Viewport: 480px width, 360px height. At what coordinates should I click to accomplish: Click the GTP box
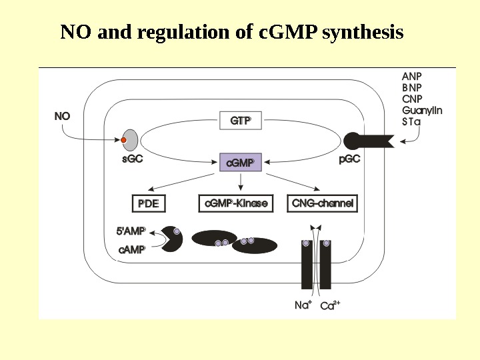pos(240,121)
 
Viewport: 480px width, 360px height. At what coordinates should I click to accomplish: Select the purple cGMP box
pos(240,162)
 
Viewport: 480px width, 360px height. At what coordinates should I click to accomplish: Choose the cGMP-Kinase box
pos(237,203)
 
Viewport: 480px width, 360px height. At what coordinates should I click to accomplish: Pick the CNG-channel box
pos(322,203)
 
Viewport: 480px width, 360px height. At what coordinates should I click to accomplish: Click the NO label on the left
pos(62,116)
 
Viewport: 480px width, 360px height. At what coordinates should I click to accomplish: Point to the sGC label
pos(132,159)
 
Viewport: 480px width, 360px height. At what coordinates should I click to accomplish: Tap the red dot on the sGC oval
pos(123,140)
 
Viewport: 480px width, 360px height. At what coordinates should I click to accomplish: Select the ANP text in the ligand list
pos(412,75)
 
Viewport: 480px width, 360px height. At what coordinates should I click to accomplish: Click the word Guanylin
pos(422,110)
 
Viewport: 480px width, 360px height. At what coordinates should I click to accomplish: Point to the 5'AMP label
pos(131,231)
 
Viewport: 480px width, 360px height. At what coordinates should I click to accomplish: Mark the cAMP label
pos(132,250)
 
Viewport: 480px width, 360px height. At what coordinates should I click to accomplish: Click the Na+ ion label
pos(303,305)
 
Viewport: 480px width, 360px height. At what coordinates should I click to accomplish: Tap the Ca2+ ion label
pos(330,305)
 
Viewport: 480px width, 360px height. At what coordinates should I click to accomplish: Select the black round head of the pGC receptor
pos(352,140)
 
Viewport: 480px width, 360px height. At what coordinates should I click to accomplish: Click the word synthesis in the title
pos(362,32)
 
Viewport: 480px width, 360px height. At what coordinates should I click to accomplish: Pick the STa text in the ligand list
pos(411,122)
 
